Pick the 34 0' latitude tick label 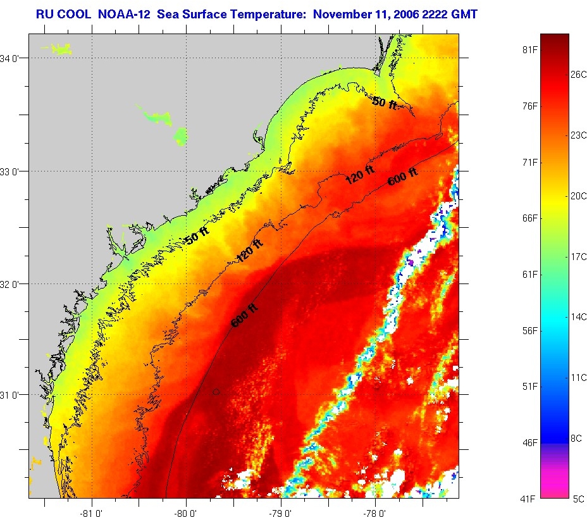pos(13,58)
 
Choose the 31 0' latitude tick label pos(13,395)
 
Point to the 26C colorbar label pos(579,73)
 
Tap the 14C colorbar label pos(579,316)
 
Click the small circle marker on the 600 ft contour pos(216,392)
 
